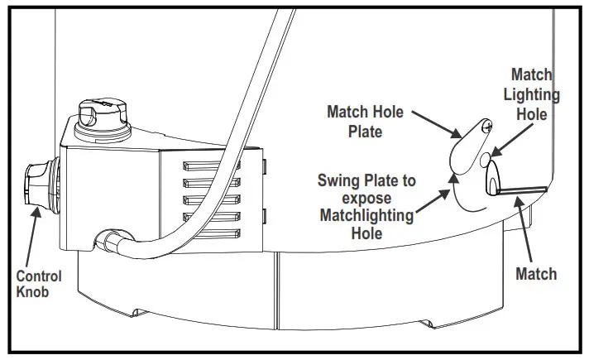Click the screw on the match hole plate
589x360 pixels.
click(488, 125)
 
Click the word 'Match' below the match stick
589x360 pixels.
click(536, 274)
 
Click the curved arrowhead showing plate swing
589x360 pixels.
click(451, 175)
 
